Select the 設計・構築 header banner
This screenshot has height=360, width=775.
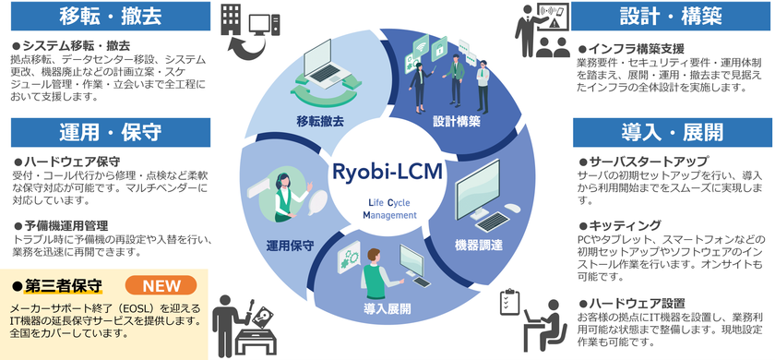coord(672,17)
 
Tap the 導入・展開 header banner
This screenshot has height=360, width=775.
coord(672,131)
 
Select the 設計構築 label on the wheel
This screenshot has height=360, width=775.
coord(456,120)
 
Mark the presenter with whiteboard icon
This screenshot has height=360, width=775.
coord(538,30)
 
